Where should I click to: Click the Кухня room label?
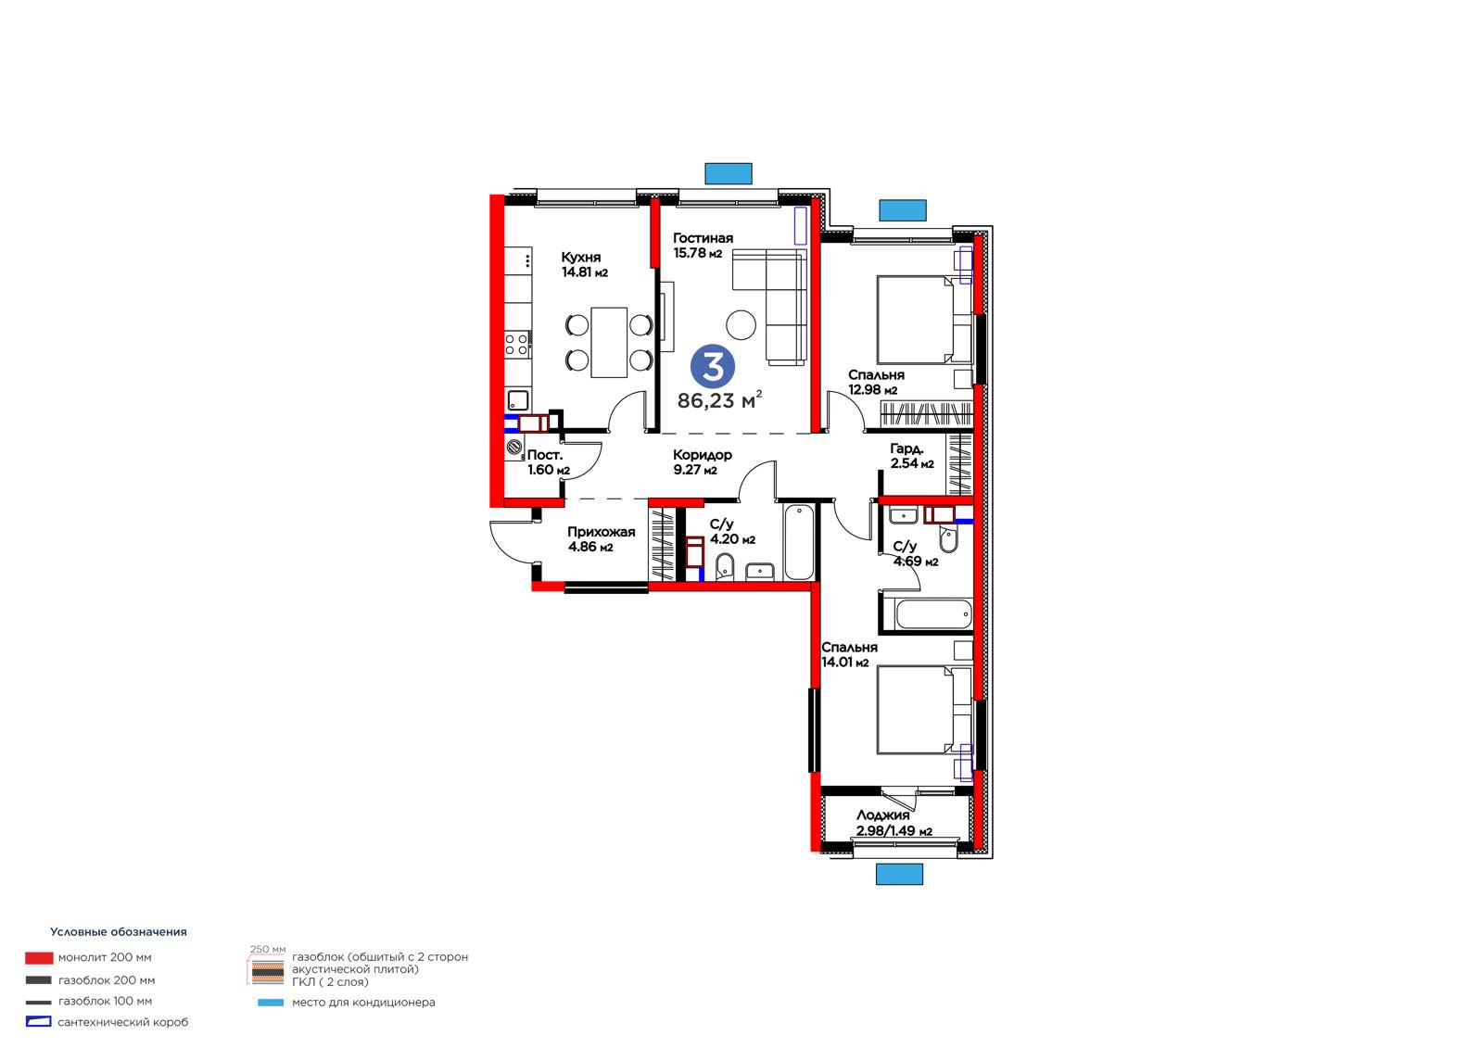pos(580,257)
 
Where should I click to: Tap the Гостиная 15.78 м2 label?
pos(703,245)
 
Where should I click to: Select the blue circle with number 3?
pos(713,366)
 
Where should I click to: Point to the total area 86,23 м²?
pos(719,400)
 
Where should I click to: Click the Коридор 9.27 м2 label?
pos(702,462)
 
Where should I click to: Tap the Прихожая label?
pos(602,532)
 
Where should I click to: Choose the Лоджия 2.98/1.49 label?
pos(894,823)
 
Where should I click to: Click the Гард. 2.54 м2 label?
pos(912,456)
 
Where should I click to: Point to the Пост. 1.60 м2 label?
pos(548,462)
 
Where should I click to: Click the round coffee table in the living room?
pos(741,325)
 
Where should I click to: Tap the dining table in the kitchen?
pos(609,342)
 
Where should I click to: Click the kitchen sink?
pos(518,400)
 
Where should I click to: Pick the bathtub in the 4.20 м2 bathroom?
pos(799,542)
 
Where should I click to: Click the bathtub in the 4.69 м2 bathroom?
pos(933,613)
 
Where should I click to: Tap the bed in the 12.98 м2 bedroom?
pos(923,320)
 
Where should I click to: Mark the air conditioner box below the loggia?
pos(899,874)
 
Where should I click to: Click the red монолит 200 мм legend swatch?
pos(39,957)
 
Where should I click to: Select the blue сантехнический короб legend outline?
pos(38,1021)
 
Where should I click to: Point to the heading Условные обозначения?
pos(119,931)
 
